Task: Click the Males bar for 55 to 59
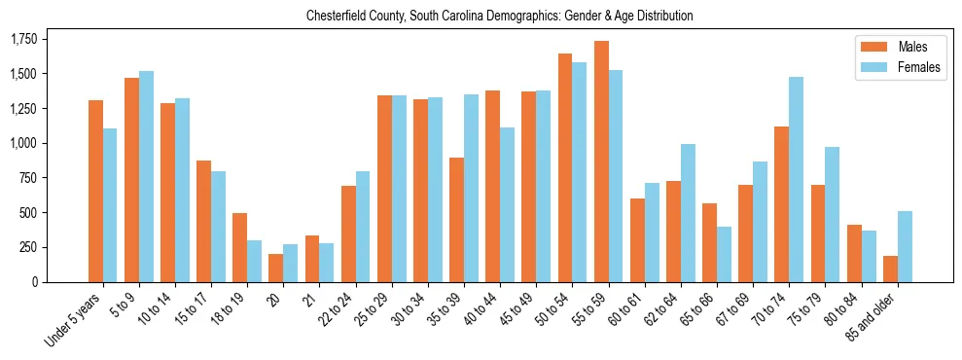601,162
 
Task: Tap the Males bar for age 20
276,269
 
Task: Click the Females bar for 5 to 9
146,176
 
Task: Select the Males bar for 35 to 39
456,220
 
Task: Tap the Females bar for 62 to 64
689,213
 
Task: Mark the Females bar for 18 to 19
254,261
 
